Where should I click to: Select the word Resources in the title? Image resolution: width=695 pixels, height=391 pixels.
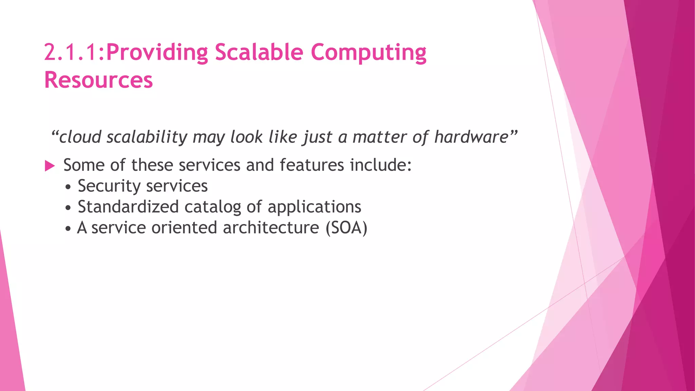tap(98, 80)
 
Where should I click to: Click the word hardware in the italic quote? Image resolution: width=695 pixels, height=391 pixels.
tap(471, 137)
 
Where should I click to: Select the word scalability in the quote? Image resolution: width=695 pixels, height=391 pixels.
tap(147, 137)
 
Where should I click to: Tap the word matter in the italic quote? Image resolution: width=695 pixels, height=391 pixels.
tap(379, 137)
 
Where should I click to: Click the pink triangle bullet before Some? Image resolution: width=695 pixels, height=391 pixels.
tap(50, 166)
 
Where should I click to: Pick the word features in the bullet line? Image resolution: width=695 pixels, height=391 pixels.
tap(312, 165)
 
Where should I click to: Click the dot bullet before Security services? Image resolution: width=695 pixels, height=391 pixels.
tap(69, 187)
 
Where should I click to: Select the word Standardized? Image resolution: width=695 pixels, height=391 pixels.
tap(128, 207)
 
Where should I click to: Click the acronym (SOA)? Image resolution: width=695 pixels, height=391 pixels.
tap(346, 228)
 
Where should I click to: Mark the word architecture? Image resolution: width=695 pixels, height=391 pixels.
tap(271, 228)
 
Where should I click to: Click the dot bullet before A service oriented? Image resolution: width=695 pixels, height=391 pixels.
tap(69, 229)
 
